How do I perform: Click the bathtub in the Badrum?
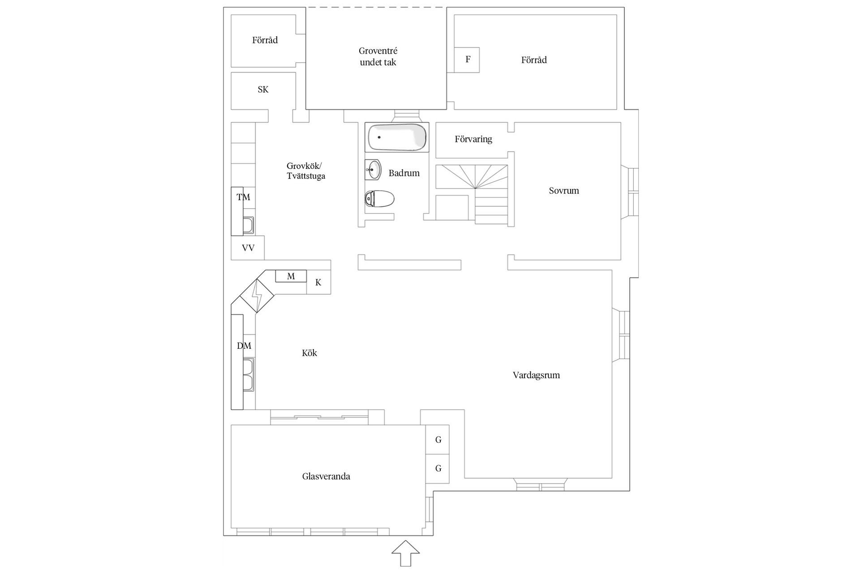397,137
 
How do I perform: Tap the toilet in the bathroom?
379,199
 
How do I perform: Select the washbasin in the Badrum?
373,170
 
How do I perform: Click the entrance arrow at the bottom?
406,553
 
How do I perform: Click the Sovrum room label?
564,191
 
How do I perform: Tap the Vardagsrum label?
536,375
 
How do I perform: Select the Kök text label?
310,353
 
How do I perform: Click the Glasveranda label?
326,476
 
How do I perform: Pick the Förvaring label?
473,139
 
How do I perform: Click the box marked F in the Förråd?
467,60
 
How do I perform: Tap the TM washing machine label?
243,197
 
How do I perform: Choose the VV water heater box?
248,248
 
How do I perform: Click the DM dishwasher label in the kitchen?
244,346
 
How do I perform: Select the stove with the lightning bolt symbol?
257,295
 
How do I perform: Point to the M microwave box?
291,276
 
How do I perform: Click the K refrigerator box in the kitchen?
318,282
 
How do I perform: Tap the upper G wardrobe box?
437,440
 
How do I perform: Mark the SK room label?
263,90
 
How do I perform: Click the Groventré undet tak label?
378,57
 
